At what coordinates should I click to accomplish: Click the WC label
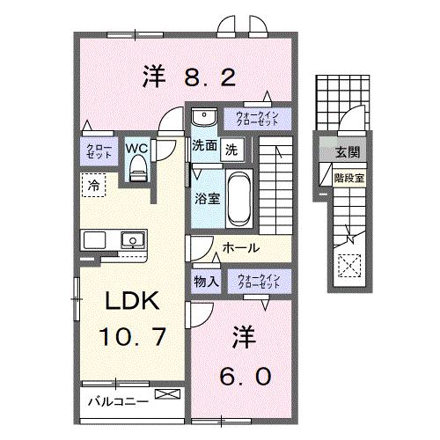136,147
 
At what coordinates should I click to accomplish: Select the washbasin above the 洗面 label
202,118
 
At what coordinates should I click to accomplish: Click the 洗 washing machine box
231,149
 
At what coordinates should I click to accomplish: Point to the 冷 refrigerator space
92,185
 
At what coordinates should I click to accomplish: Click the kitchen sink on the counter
133,239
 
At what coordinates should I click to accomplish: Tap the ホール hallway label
239,249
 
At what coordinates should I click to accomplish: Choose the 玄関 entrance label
341,153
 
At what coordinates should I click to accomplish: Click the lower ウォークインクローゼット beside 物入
260,282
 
